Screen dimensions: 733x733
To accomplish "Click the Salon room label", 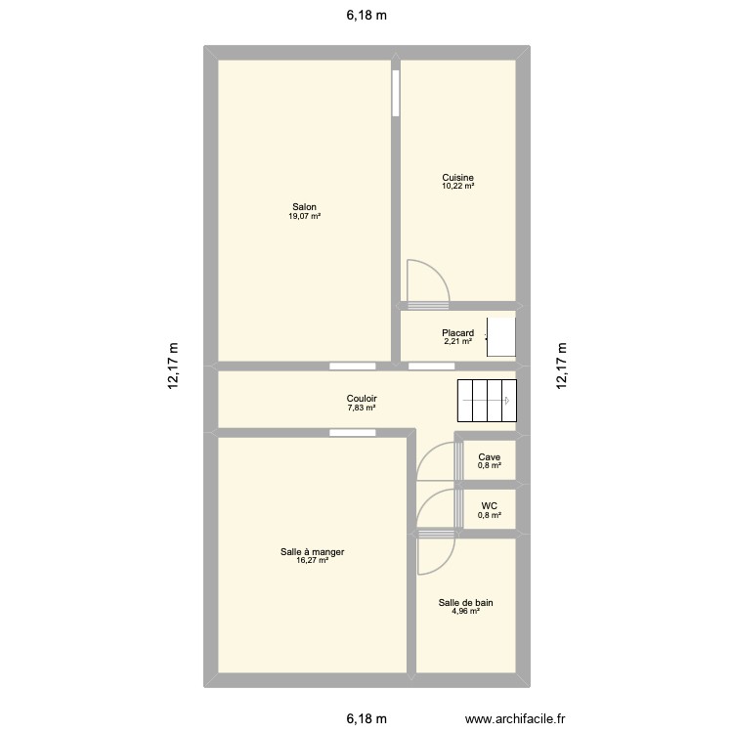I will pos(304,206).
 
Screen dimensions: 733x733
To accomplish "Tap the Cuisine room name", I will pos(457,178).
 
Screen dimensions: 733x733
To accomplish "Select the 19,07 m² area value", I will pos(304,216).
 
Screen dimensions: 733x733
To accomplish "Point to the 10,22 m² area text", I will pos(457,186).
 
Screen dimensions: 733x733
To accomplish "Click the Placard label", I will pos(457,332).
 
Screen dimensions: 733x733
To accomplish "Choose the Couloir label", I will pos(362,399).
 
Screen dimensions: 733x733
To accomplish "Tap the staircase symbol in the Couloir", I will pos(486,399).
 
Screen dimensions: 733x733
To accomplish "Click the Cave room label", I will pos(490,456).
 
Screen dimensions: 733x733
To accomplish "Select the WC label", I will pos(490,506).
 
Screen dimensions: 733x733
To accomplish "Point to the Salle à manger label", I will pos(312,552).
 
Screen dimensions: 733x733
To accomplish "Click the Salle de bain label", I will pos(465,603).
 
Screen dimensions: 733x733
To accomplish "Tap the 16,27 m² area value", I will pos(312,561).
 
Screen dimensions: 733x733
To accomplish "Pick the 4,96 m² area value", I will pos(465,612).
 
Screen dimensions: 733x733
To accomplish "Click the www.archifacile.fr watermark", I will pos(520,719).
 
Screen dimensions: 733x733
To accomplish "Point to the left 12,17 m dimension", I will pos(174,366).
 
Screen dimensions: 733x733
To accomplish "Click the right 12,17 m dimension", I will pos(561,366).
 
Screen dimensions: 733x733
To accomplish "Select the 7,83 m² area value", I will pos(362,408).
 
